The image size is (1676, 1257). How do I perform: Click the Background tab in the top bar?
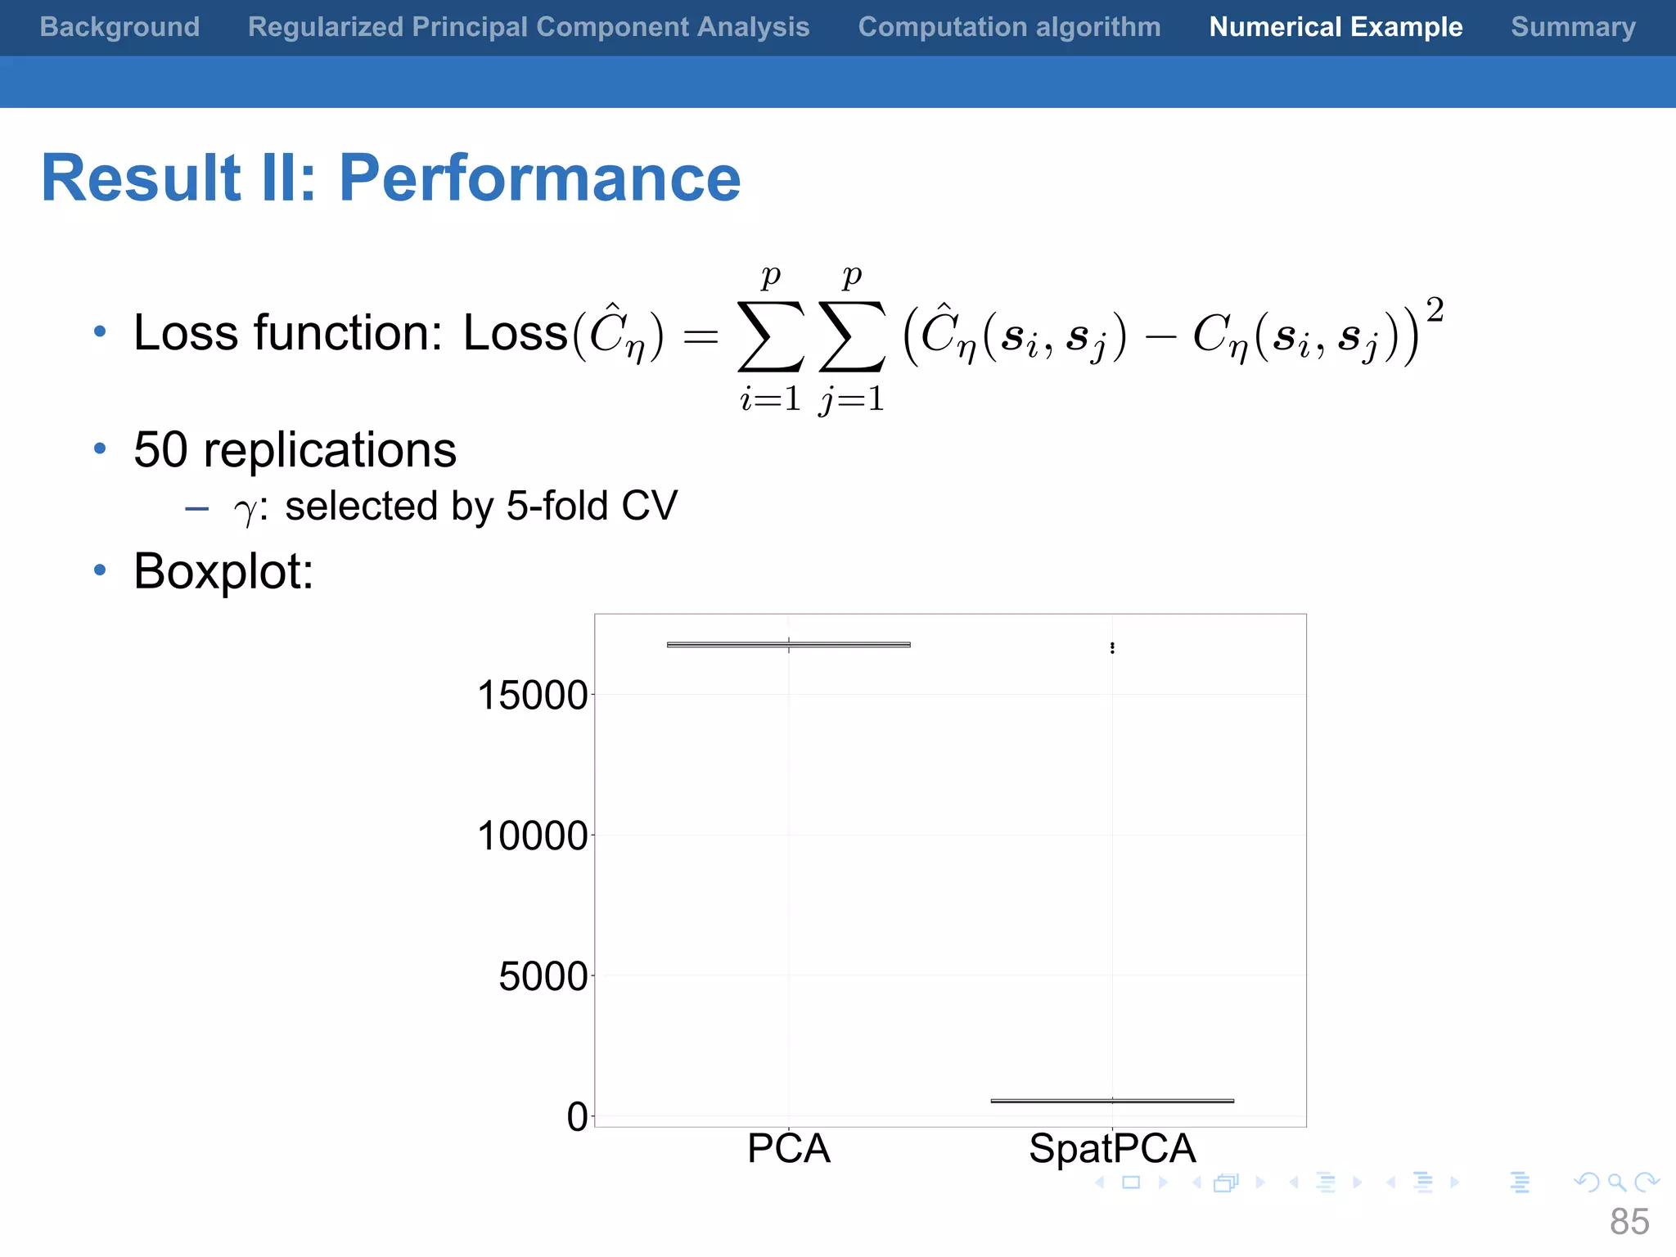pyautogui.click(x=119, y=27)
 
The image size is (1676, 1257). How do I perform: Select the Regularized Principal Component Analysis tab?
pyautogui.click(x=529, y=27)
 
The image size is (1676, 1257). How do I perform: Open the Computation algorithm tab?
pyautogui.click(x=1009, y=27)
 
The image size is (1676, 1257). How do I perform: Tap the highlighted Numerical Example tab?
pyautogui.click(x=1336, y=27)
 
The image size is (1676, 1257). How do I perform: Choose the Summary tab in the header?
pyautogui.click(x=1573, y=27)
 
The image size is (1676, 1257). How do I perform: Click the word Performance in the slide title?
pyautogui.click(x=539, y=178)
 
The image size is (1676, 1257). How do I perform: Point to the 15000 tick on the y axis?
pyautogui.click(x=532, y=696)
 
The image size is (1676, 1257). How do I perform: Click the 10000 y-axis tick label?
pyautogui.click(x=532, y=836)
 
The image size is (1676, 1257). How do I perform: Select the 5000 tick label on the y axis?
pyautogui.click(x=543, y=976)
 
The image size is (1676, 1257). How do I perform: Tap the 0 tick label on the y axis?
pyautogui.click(x=577, y=1117)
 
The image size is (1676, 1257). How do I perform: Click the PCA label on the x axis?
pyautogui.click(x=788, y=1148)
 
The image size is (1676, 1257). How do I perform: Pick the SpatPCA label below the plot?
pyautogui.click(x=1112, y=1148)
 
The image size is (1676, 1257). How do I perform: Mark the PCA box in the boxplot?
pyautogui.click(x=788, y=645)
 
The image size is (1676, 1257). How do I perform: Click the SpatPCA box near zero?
pyautogui.click(x=1112, y=1101)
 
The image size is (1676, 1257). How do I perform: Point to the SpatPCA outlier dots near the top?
pyautogui.click(x=1112, y=647)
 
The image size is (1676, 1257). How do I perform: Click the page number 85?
pyautogui.click(x=1629, y=1222)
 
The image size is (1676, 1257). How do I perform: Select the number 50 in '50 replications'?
pyautogui.click(x=160, y=450)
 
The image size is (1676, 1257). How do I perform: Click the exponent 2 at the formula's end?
pyautogui.click(x=1435, y=310)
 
